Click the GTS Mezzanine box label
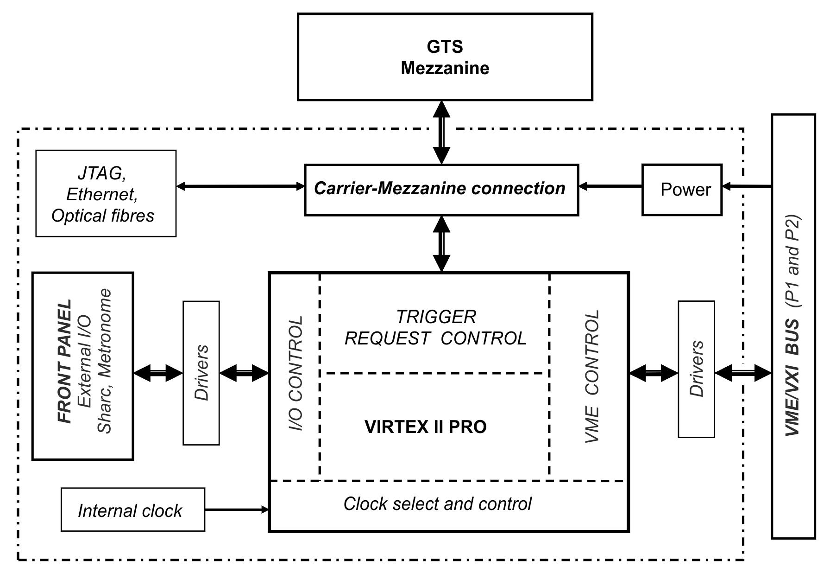pyautogui.click(x=445, y=57)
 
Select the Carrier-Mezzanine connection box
pyautogui.click(x=441, y=190)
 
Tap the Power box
pyautogui.click(x=682, y=189)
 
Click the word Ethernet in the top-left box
pyautogui.click(x=102, y=194)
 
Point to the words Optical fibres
pyautogui.click(x=103, y=216)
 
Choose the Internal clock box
pyautogui.click(x=133, y=510)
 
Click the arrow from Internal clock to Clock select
pyautogui.click(x=237, y=510)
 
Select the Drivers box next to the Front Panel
pyautogui.click(x=201, y=373)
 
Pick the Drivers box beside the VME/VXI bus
pyautogui.click(x=696, y=369)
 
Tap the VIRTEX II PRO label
pyautogui.click(x=426, y=427)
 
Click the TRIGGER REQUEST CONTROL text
pyautogui.click(x=436, y=328)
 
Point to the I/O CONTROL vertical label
pyautogui.click(x=295, y=373)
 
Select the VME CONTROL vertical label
pyautogui.click(x=591, y=376)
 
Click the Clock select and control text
pyautogui.click(x=437, y=504)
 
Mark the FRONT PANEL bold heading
pyautogui.click(x=64, y=362)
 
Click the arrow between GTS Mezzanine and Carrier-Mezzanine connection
pyautogui.click(x=441, y=132)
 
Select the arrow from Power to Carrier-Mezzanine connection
pyautogui.click(x=610, y=186)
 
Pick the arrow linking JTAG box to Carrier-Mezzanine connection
pyautogui.click(x=240, y=186)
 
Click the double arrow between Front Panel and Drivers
pyautogui.click(x=158, y=373)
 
